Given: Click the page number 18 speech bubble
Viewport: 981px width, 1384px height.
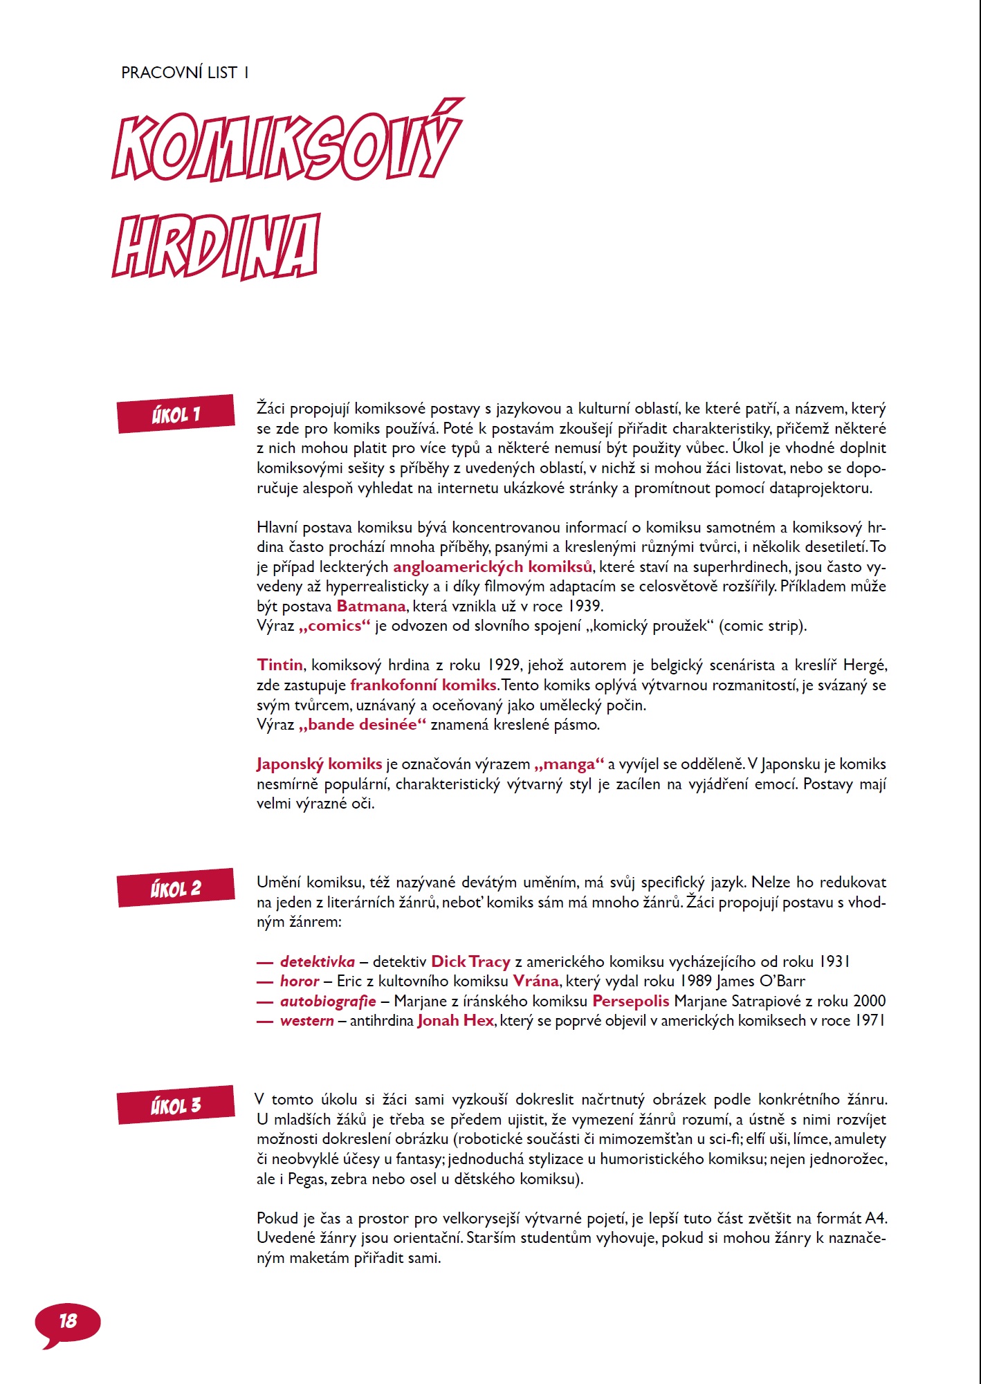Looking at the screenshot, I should tap(68, 1322).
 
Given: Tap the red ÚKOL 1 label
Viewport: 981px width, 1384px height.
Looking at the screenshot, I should tap(176, 414).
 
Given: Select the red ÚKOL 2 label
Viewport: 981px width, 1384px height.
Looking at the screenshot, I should tap(176, 888).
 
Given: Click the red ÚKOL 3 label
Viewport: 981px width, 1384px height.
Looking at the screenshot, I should tap(176, 1105).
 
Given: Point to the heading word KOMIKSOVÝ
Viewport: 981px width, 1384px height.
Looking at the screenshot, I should tap(286, 142).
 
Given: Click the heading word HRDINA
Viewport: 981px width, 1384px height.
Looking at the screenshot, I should tap(216, 246).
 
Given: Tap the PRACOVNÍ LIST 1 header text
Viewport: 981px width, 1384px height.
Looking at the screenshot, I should tap(185, 73).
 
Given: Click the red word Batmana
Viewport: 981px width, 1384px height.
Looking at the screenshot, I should tap(371, 607).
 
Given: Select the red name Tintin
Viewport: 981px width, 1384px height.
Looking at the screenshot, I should tap(279, 665).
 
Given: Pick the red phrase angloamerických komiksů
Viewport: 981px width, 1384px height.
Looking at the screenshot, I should tap(493, 567).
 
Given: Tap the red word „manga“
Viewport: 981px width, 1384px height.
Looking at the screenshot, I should tap(569, 764).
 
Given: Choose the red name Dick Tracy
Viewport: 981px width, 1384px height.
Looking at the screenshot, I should tap(470, 962).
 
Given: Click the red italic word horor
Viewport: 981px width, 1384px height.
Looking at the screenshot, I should tap(300, 981).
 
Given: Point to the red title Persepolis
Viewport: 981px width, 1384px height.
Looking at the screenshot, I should tap(631, 1002).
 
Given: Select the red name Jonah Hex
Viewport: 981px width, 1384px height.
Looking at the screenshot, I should tap(456, 1021).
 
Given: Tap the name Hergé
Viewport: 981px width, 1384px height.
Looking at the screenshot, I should tap(864, 665).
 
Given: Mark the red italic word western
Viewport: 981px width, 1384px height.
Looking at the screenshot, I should tap(306, 1021).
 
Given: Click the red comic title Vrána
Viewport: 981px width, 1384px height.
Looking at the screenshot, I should tap(535, 981).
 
